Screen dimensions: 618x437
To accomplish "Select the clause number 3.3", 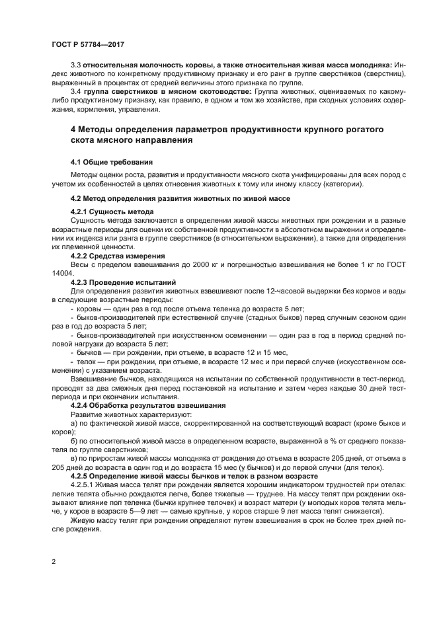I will click(x=76, y=65).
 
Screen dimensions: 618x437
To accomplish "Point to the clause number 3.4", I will click(x=76, y=91).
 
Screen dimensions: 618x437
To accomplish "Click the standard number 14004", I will click(x=63, y=272).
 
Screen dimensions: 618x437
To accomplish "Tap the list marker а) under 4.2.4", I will click(x=74, y=421).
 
